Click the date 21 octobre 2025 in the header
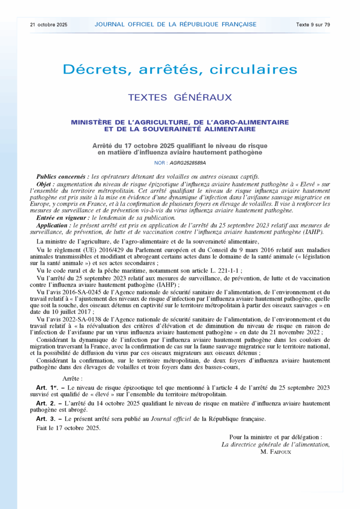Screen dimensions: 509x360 coord(49,24)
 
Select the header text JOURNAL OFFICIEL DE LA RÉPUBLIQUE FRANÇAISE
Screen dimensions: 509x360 coord(176,24)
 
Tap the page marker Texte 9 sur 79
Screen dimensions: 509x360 coord(313,24)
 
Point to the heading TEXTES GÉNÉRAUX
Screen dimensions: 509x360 coord(180,97)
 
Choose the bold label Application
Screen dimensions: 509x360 coord(54,225)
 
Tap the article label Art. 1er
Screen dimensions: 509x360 coord(47,387)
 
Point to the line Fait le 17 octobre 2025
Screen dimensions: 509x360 coord(68,427)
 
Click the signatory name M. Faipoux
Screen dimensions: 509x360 coord(275,452)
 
